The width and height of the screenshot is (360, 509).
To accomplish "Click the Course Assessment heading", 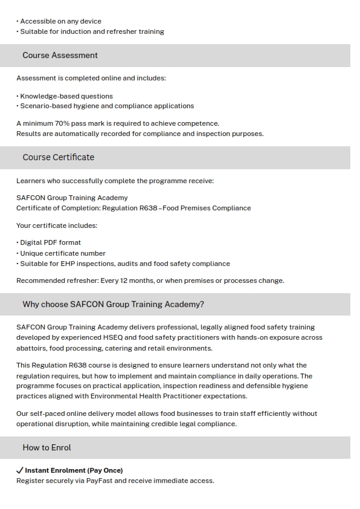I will pos(60,55).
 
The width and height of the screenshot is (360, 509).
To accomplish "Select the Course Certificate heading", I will pos(58,157).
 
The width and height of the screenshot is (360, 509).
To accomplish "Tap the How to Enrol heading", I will pos(47,447).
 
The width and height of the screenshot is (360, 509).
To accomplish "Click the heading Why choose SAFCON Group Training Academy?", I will pos(113,304).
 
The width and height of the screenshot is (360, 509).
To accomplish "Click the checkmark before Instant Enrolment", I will pos(19,470).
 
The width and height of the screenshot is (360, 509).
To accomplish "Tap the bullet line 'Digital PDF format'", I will pos(50,242).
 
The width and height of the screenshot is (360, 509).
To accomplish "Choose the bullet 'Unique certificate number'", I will pos(62,253).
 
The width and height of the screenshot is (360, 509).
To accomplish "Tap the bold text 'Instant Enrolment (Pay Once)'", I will pos(74,470).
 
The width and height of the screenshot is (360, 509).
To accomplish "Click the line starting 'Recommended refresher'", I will pos(150,280).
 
